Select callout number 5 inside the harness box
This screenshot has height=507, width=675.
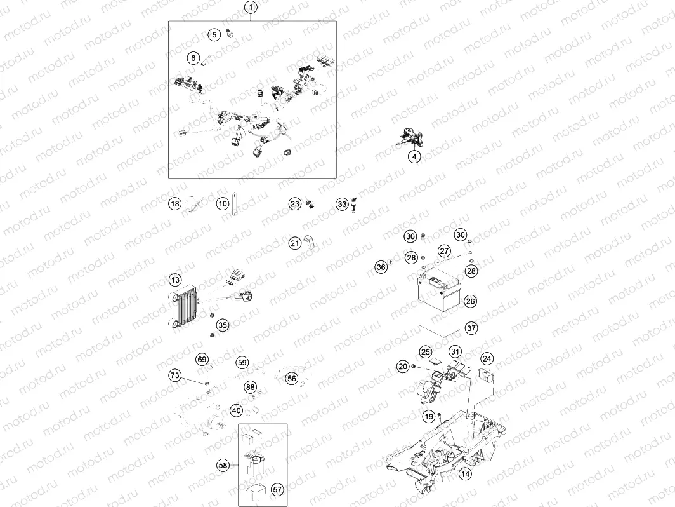coord(216,35)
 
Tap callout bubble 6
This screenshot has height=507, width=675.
coord(193,58)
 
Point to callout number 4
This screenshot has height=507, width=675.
coord(414,156)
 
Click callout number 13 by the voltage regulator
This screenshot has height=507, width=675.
coord(175,280)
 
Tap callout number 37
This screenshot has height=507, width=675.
coord(471,328)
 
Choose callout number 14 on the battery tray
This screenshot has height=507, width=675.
coord(465,474)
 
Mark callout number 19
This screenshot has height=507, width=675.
coord(429,416)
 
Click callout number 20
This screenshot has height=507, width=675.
coord(403,366)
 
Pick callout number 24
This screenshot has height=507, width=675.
coord(487,358)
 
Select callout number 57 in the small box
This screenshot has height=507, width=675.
coord(277,489)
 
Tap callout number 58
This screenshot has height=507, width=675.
coord(223,466)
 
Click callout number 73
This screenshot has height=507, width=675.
coord(175,376)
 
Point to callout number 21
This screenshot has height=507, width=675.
coord(295,243)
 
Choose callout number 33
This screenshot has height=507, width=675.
coord(343,205)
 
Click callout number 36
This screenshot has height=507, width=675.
coord(381,267)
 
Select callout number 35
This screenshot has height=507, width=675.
coord(223,325)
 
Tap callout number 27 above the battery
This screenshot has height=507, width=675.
coord(444,250)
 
